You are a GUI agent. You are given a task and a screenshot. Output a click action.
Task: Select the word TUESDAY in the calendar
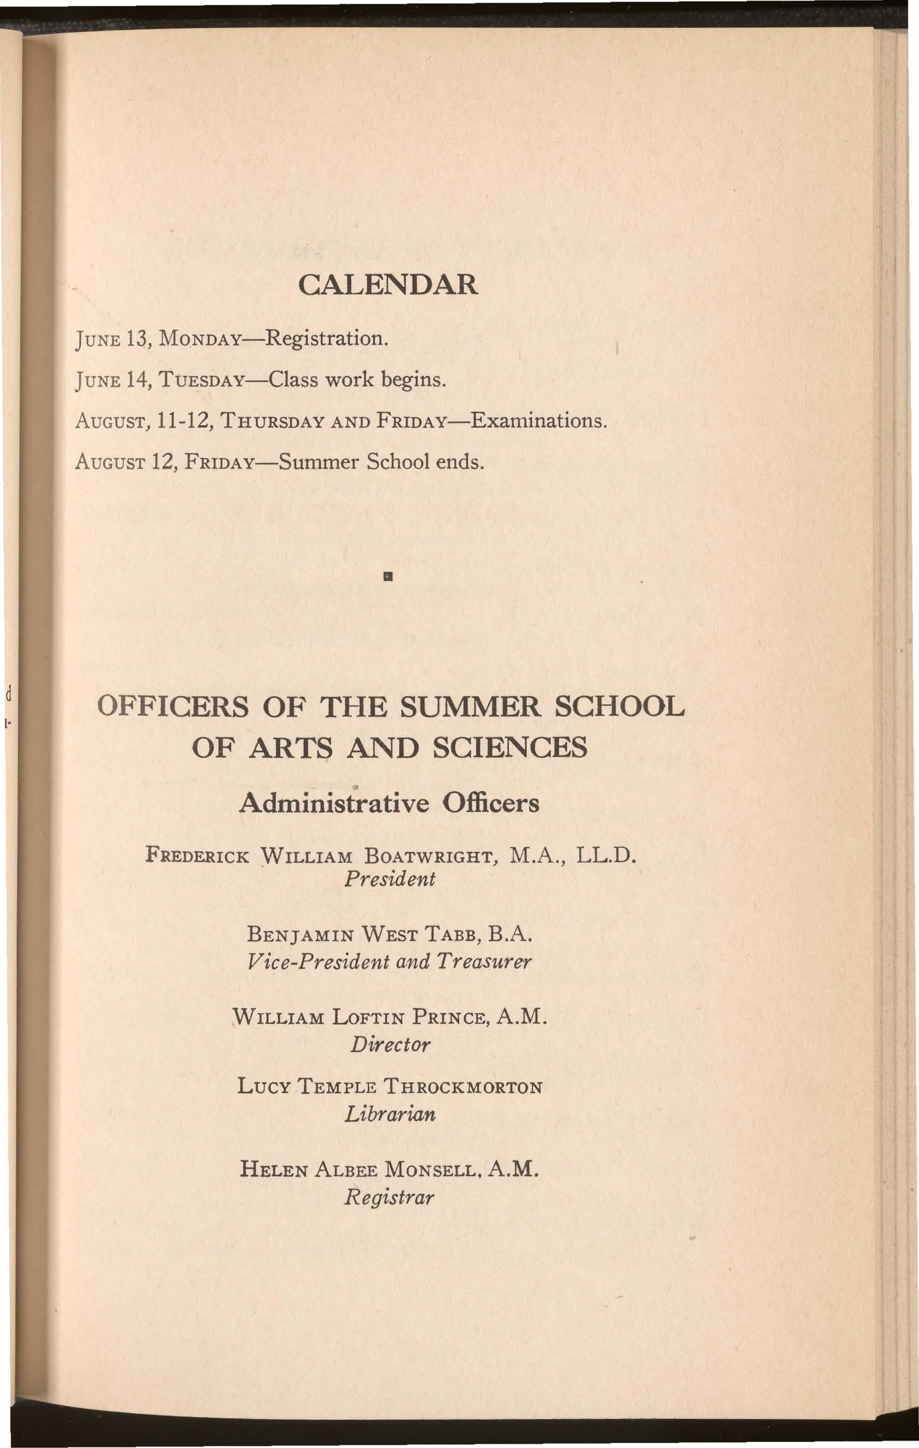(x=201, y=381)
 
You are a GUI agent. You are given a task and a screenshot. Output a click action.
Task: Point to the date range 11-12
(x=182, y=420)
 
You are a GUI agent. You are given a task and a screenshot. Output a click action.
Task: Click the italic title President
(x=390, y=879)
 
